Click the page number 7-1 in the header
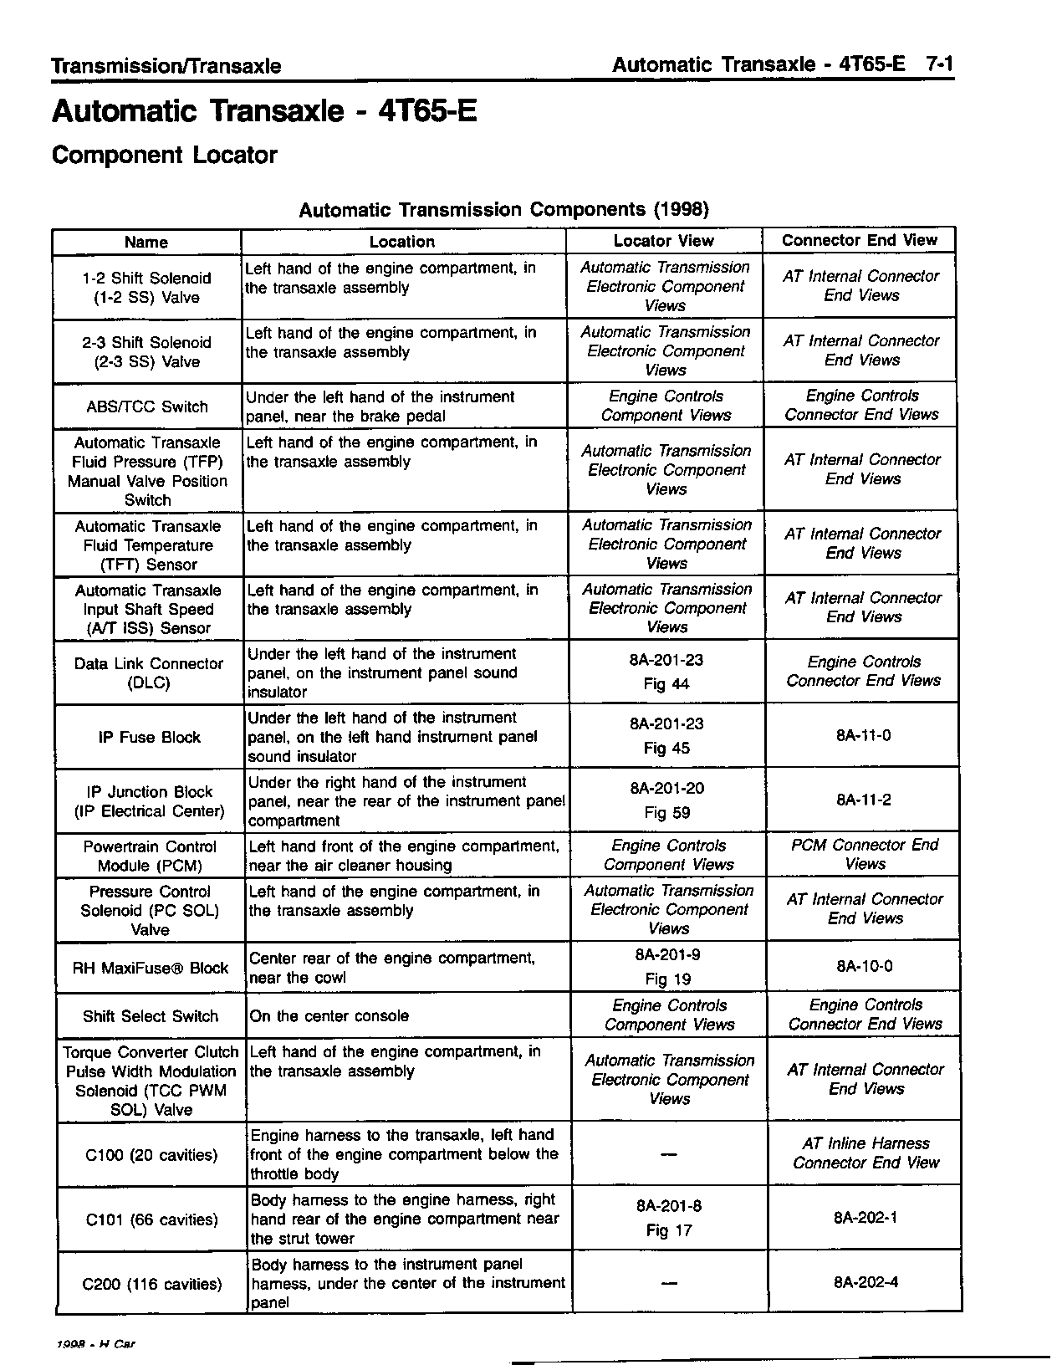coord(939,64)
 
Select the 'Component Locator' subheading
coord(164,156)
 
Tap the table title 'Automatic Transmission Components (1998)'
coord(503,209)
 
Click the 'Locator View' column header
coord(663,241)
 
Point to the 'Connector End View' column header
coord(859,240)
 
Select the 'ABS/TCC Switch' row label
coord(147,406)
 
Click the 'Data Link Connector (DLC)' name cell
coord(149,672)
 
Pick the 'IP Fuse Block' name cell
coord(149,737)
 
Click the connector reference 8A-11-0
coord(863,735)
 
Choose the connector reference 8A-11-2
coord(863,800)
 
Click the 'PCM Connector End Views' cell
coord(865,854)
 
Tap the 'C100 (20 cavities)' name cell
coord(151,1155)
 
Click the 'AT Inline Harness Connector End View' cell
coord(866,1153)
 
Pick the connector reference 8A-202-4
coord(866,1281)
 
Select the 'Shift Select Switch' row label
coord(151,1016)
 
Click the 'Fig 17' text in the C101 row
coord(669,1230)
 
